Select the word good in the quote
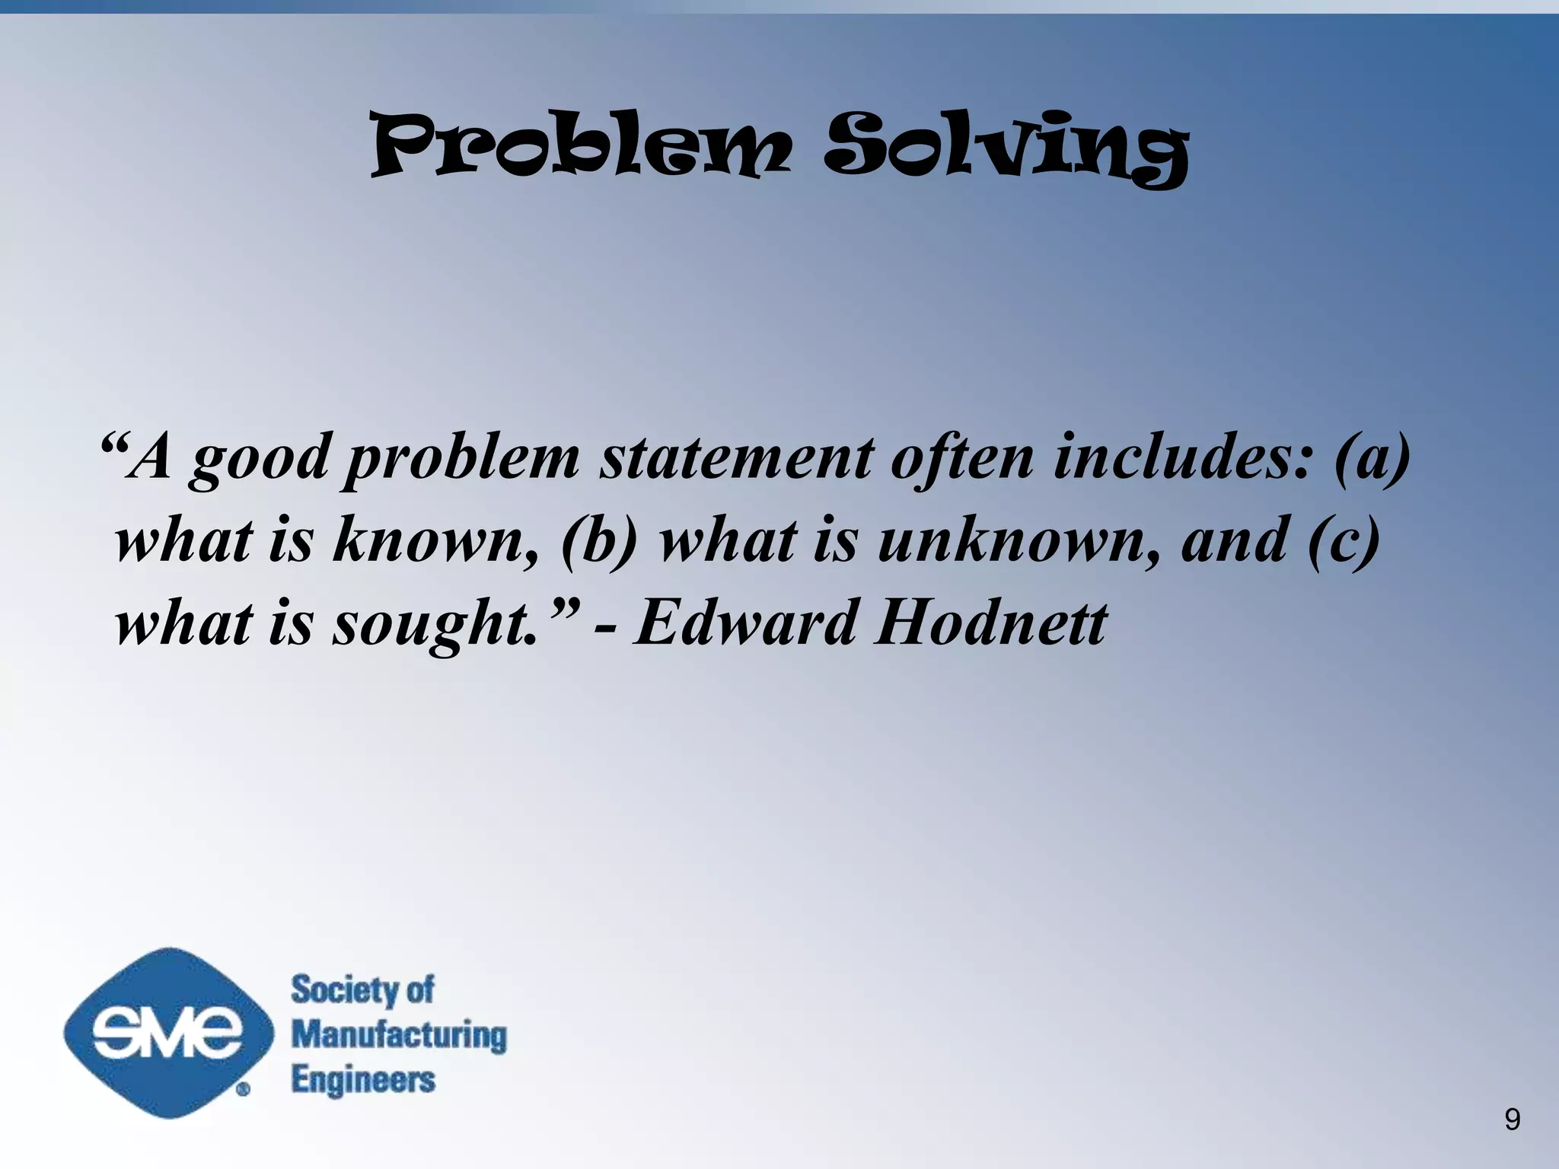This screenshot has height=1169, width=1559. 260,459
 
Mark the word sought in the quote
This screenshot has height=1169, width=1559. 434,624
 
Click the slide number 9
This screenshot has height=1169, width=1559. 1512,1120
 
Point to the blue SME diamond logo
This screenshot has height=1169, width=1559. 167,1033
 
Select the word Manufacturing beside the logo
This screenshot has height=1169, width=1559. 399,1035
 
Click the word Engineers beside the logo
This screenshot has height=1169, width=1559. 363,1080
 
